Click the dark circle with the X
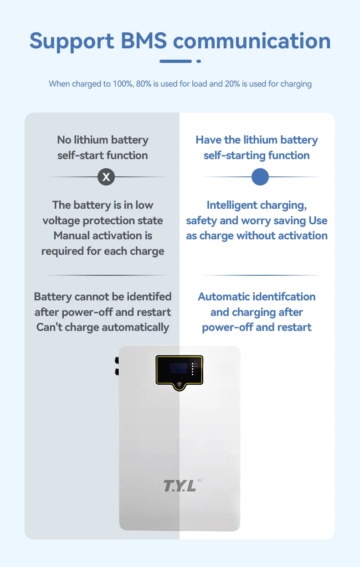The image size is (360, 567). click(106, 177)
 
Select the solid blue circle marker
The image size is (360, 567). click(260, 177)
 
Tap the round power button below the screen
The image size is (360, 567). click(179, 385)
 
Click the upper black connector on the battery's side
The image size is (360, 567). click(117, 360)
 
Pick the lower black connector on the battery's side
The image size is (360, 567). click(117, 371)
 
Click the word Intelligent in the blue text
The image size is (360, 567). click(232, 205)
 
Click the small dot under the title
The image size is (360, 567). click(199, 61)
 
